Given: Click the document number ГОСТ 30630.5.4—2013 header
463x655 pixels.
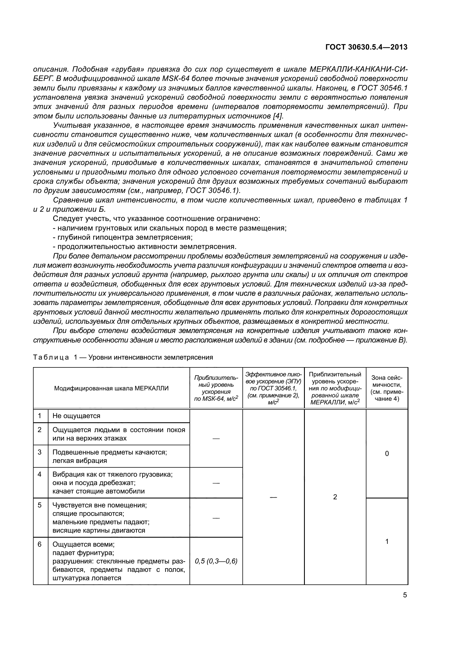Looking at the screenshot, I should (x=366, y=47).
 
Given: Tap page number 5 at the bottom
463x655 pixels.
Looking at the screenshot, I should (x=405, y=595).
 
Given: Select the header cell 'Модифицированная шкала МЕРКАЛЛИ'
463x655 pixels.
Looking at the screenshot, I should (x=111, y=388).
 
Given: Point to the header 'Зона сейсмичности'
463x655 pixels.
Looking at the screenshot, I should (x=387, y=388).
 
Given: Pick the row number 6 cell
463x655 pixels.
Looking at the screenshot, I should (x=40, y=544).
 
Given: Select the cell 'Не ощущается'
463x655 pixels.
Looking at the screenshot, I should (x=76, y=416).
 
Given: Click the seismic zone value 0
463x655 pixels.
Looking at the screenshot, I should (x=387, y=454).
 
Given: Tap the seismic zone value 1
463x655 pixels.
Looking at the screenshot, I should (x=387, y=542).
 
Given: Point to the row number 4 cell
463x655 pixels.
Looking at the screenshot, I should (x=40, y=474).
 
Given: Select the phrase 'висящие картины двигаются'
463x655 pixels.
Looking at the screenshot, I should (x=99, y=530).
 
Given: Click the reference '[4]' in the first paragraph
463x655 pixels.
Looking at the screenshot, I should (x=278, y=116).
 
